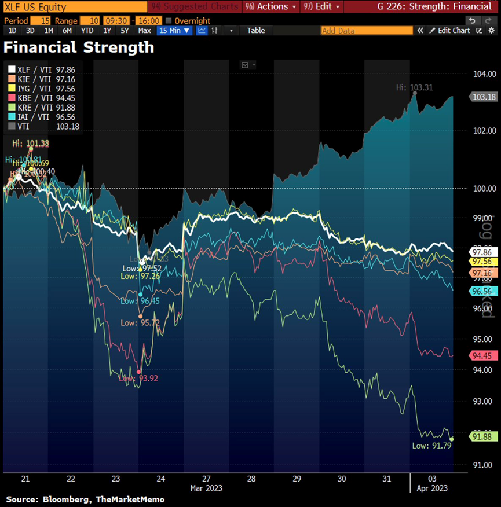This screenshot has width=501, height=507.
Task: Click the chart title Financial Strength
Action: (79, 47)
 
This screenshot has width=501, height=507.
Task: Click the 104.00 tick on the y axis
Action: (470, 74)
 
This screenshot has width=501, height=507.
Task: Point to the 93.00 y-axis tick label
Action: (470, 401)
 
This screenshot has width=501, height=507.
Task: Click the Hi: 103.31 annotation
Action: (414, 87)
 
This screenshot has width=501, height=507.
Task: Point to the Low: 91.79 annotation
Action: (428, 445)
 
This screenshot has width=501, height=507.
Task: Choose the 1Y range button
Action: (107, 31)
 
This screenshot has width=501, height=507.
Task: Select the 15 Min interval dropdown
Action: (174, 31)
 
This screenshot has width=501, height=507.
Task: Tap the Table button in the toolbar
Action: (256, 31)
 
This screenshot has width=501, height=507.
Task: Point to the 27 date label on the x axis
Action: (206, 479)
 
